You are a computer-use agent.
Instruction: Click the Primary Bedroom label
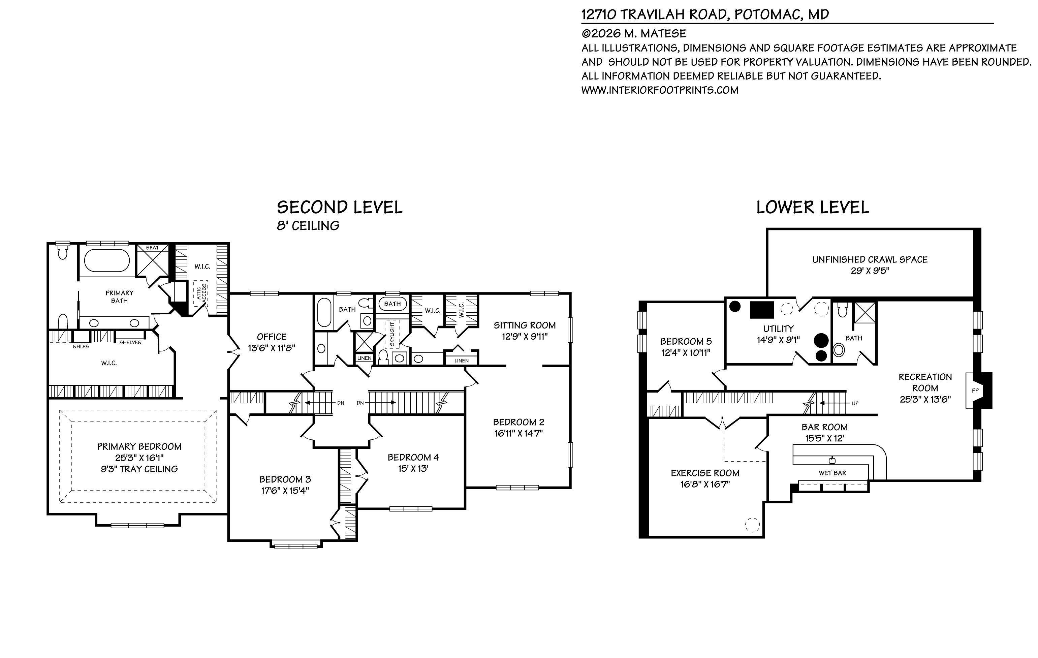click(x=139, y=447)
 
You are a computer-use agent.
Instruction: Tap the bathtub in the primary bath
click(x=106, y=260)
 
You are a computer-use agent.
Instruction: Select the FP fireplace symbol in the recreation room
click(x=975, y=391)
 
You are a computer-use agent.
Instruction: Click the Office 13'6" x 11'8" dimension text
click(x=271, y=348)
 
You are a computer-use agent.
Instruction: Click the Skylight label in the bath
click(x=392, y=334)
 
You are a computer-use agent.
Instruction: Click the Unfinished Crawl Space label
click(x=870, y=259)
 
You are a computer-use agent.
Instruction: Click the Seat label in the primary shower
click(x=152, y=248)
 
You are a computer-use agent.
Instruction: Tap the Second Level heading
click(x=339, y=208)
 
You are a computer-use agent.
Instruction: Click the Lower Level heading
click(x=812, y=208)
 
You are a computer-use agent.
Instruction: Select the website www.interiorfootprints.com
click(x=660, y=90)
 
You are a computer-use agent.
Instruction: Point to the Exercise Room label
click(x=705, y=473)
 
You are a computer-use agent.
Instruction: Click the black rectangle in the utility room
click(x=762, y=310)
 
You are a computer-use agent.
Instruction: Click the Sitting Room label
click(x=524, y=325)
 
